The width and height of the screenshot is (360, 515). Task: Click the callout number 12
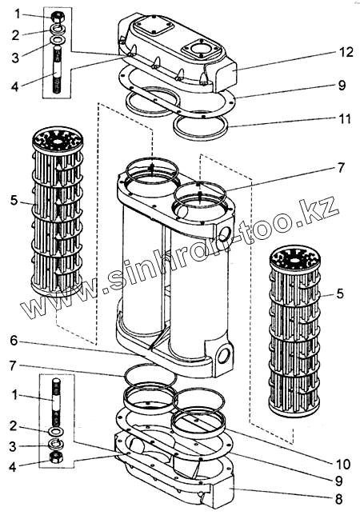click(346, 52)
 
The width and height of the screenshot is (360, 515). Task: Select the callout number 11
click(345, 118)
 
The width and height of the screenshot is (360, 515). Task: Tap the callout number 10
click(343, 464)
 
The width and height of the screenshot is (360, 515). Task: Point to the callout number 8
click(339, 500)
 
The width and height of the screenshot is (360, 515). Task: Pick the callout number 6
click(14, 341)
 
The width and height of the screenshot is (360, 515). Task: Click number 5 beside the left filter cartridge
click(14, 200)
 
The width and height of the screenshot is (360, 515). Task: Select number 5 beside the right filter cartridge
click(340, 293)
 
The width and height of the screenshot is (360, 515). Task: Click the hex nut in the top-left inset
click(57, 17)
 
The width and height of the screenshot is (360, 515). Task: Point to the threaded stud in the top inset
click(57, 70)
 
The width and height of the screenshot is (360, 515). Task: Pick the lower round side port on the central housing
click(224, 356)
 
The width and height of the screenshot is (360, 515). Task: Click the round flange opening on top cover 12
click(200, 49)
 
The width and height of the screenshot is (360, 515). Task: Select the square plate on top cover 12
click(154, 26)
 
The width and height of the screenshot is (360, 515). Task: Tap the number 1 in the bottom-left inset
click(14, 395)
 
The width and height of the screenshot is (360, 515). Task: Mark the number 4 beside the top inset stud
click(14, 87)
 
